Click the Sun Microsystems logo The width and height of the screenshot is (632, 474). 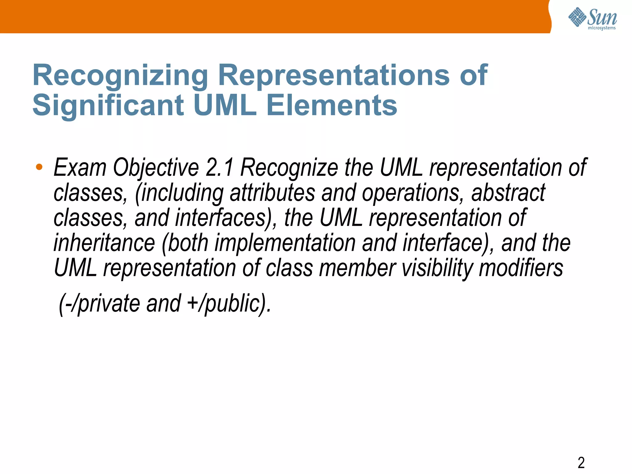(x=592, y=19)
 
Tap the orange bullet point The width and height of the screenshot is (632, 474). (x=39, y=167)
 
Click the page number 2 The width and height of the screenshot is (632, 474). (x=581, y=463)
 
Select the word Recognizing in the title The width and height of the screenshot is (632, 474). (x=120, y=75)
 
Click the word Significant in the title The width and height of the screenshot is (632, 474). (x=108, y=105)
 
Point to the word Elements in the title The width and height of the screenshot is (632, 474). (x=331, y=105)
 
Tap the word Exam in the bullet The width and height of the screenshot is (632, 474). (x=80, y=168)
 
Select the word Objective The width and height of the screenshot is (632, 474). (x=156, y=168)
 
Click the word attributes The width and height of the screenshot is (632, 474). (x=272, y=193)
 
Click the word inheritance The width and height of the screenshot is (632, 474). (x=104, y=243)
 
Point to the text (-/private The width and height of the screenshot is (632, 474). (x=99, y=303)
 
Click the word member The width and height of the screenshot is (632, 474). (x=357, y=268)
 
